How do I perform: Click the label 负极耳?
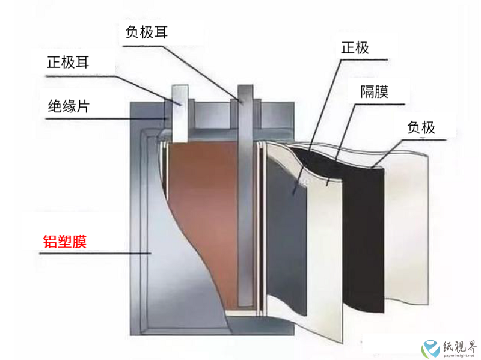tap(147, 32)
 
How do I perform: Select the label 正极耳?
tap(68, 63)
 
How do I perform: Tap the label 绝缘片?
tap(69, 106)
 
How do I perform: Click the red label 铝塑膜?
tap(65, 242)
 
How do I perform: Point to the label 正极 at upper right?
tap(355, 48)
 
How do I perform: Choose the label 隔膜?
tap(374, 91)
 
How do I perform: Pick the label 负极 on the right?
tap(421, 127)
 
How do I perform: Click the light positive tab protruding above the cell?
tap(180, 114)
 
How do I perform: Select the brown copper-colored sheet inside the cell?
tap(209, 215)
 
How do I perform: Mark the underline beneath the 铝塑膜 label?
tap(95, 253)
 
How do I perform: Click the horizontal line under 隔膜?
tap(380, 104)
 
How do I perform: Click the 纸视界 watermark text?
tap(459, 347)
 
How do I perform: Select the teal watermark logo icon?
tap(430, 349)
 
